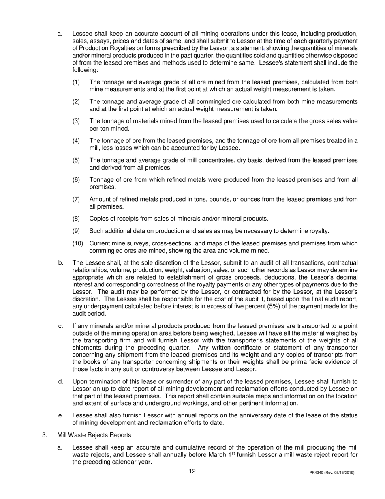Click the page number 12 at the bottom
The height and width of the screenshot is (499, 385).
coord(192,471)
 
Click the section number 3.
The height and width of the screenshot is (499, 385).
coord(45,435)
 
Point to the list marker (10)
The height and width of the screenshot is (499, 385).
coord(79,243)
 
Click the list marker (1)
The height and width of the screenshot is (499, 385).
coord(77,82)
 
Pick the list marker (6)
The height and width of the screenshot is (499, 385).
coord(77,180)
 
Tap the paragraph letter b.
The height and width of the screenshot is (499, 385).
coord(60,263)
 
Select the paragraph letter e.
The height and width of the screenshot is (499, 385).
coord(60,415)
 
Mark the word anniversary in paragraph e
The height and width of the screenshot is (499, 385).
coord(229,415)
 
